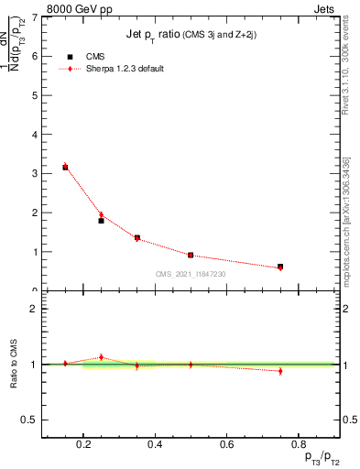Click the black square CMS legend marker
tap(71, 56)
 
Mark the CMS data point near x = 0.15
tap(65, 168)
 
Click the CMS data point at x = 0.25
tap(101, 221)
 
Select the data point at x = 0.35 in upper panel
tap(136, 237)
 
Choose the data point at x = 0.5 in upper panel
tap(191, 255)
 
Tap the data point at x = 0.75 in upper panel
tap(280, 267)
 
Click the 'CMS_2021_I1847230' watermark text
tap(191, 274)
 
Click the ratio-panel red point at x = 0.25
tap(101, 357)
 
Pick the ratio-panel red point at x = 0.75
tap(280, 371)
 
